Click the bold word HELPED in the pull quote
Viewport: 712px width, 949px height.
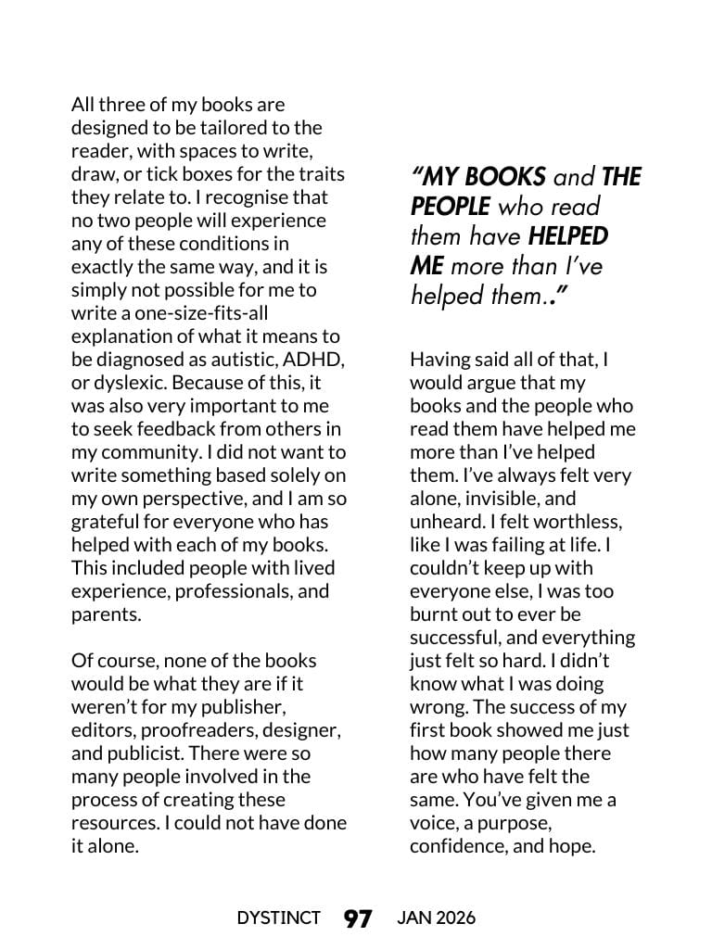tap(567, 235)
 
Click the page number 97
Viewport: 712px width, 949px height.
tap(358, 918)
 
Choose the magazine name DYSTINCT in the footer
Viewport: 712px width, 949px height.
tap(278, 918)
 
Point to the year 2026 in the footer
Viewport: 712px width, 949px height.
tap(455, 918)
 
